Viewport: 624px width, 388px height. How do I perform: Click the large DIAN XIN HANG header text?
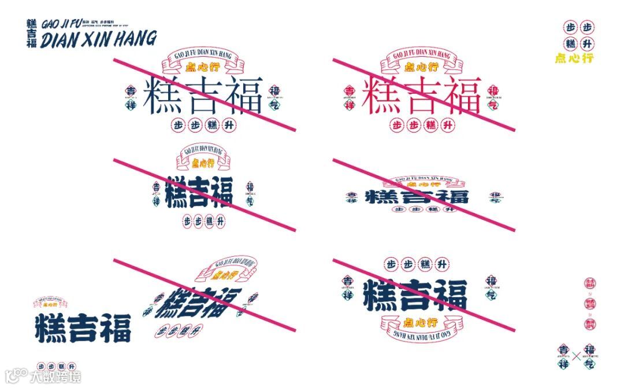[98, 39]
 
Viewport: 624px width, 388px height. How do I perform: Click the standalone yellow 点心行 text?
[574, 58]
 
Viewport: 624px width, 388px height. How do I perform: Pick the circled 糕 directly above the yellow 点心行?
[571, 44]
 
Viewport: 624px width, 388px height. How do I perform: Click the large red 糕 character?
[382, 96]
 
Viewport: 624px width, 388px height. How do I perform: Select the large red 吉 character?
[422, 96]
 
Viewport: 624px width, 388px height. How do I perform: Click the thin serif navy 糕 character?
[162, 96]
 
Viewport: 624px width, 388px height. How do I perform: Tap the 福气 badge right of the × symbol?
[589, 356]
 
